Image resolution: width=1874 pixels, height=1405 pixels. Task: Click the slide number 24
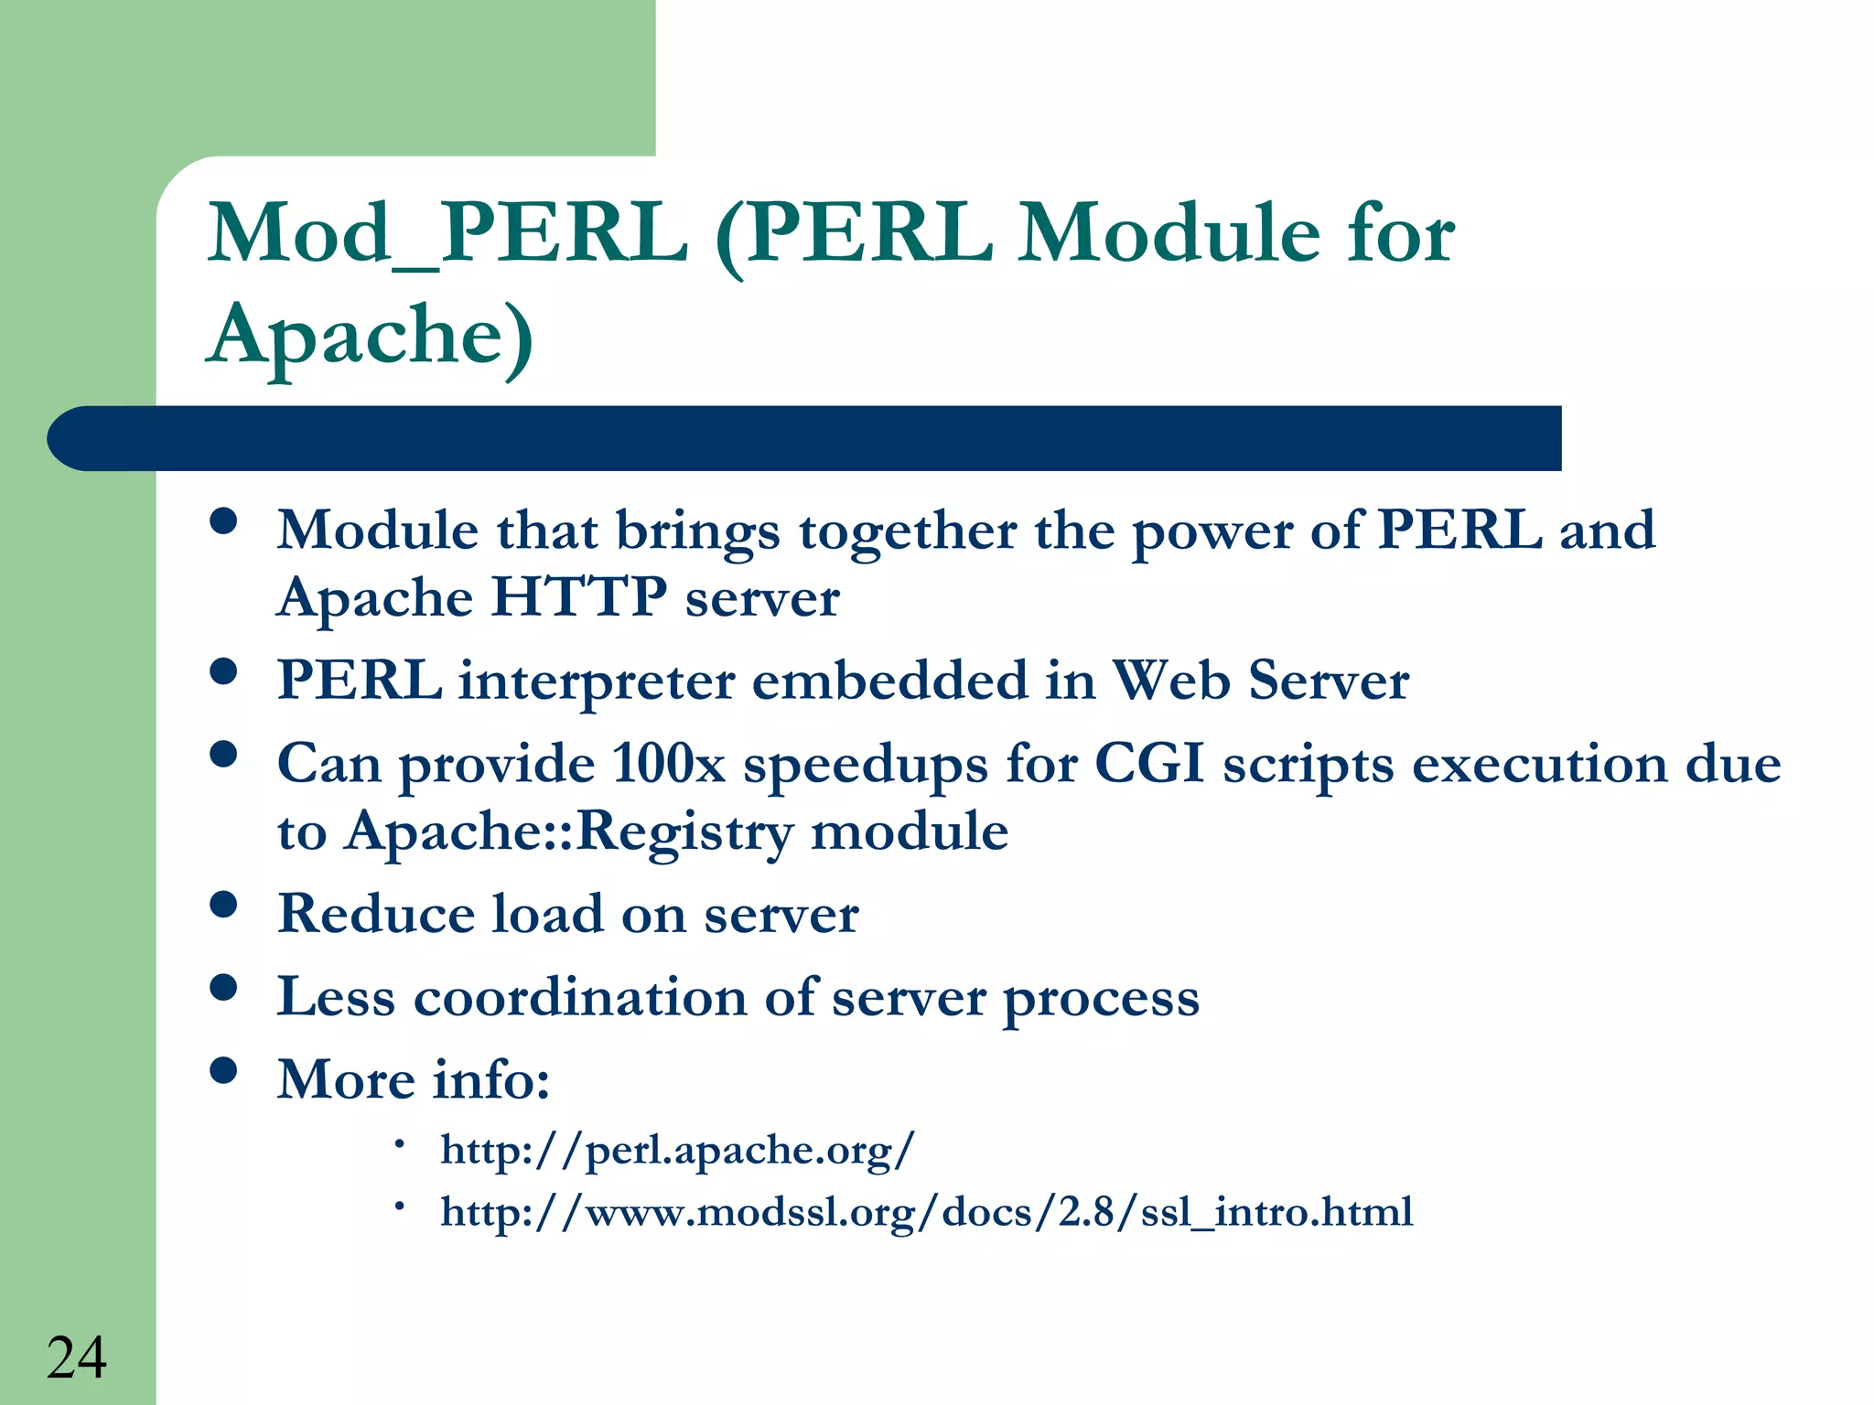click(x=77, y=1357)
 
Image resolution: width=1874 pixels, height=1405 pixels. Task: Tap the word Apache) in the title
click(x=371, y=336)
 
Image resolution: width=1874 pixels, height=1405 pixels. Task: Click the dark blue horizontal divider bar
click(x=805, y=438)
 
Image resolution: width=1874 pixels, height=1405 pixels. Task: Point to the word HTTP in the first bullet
click(x=579, y=598)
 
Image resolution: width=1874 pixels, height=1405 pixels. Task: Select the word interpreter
click(x=597, y=681)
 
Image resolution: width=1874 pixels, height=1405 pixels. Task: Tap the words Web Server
click(x=1260, y=681)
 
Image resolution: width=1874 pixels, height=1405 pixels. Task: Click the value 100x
click(x=668, y=764)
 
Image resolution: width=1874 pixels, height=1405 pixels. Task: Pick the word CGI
click(x=1148, y=764)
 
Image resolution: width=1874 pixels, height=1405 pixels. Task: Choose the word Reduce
click(x=376, y=914)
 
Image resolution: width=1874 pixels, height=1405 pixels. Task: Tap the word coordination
click(x=580, y=997)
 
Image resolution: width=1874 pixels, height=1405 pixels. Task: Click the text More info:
click(x=414, y=1079)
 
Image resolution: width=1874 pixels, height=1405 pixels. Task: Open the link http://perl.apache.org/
click(x=677, y=1151)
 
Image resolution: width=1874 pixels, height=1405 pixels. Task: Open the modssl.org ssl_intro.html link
click(x=926, y=1213)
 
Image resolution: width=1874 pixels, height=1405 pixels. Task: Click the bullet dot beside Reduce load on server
click(x=223, y=905)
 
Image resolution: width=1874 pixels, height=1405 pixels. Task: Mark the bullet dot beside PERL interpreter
click(x=223, y=672)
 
